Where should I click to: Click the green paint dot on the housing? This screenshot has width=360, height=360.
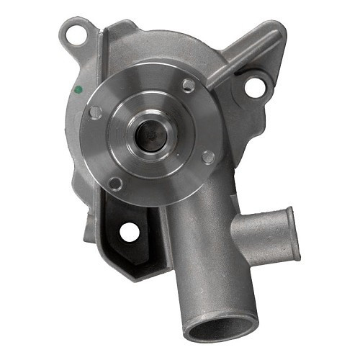tap(78, 91)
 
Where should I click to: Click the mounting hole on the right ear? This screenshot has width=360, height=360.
tap(253, 87)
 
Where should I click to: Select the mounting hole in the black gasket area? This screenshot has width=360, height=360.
tap(129, 232)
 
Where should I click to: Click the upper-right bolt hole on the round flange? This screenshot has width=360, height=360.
tap(188, 86)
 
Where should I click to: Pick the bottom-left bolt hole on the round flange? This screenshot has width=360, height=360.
tap(115, 183)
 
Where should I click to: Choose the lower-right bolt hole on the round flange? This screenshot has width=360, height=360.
tap(207, 156)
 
